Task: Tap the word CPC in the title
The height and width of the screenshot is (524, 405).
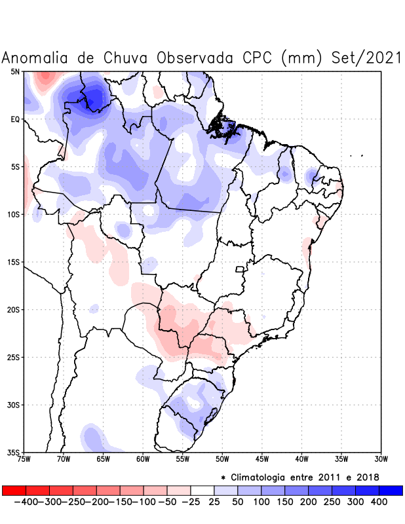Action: tap(252, 58)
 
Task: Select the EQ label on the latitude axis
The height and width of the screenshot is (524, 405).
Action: tap(15, 119)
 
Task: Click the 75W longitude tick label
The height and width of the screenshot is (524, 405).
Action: tap(24, 458)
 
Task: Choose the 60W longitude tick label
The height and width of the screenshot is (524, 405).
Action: tap(143, 458)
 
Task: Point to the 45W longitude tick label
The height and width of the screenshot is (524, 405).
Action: tap(262, 458)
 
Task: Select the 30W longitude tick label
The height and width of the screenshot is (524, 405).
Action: tap(381, 458)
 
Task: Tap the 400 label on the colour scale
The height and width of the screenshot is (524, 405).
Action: tap(379, 502)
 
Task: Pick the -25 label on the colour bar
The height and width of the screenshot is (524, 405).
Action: tap(190, 502)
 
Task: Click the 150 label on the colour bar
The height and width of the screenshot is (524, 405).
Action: tap(284, 502)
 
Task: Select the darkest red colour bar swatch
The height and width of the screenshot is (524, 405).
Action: tap(14, 490)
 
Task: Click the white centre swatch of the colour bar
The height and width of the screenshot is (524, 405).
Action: tap(202, 490)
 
